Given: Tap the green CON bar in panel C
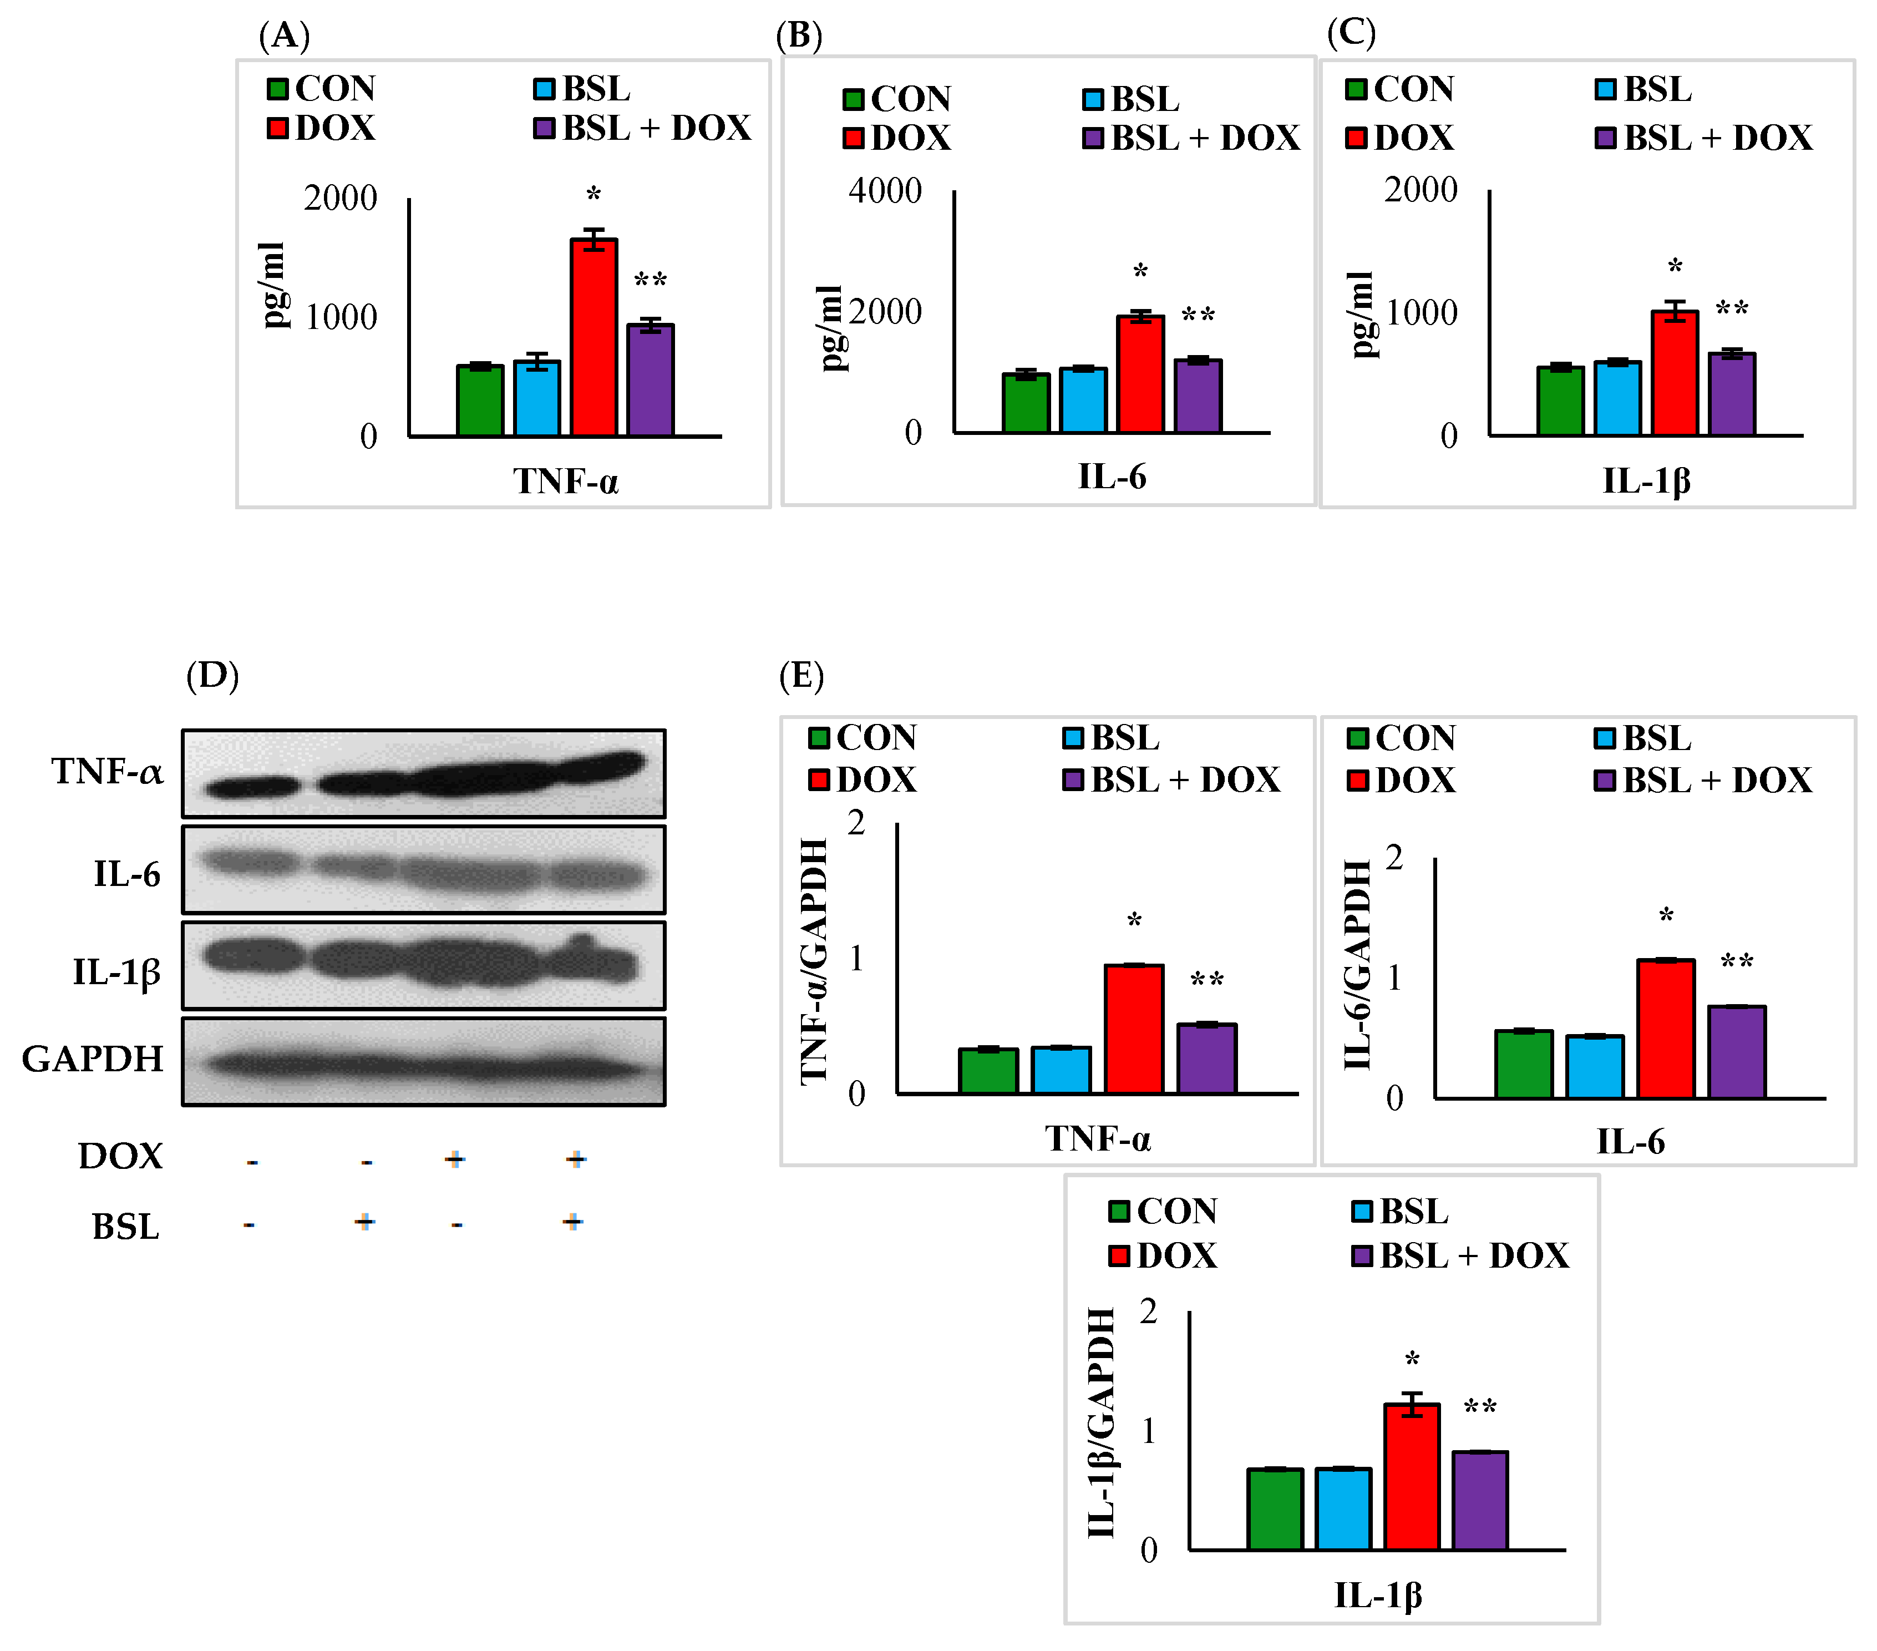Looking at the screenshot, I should click(x=1560, y=401).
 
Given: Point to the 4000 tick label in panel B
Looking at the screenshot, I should click(x=884, y=191).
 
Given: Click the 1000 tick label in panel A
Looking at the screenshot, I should click(x=341, y=317).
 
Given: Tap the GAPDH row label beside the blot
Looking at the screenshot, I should click(x=92, y=1059).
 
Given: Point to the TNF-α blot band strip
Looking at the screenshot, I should click(x=423, y=773).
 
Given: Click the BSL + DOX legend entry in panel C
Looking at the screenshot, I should click(x=1703, y=138).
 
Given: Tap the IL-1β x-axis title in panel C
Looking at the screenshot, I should click(x=1646, y=480).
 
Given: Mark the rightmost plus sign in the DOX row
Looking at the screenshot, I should click(x=576, y=1159).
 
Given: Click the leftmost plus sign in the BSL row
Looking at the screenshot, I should click(x=364, y=1221).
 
